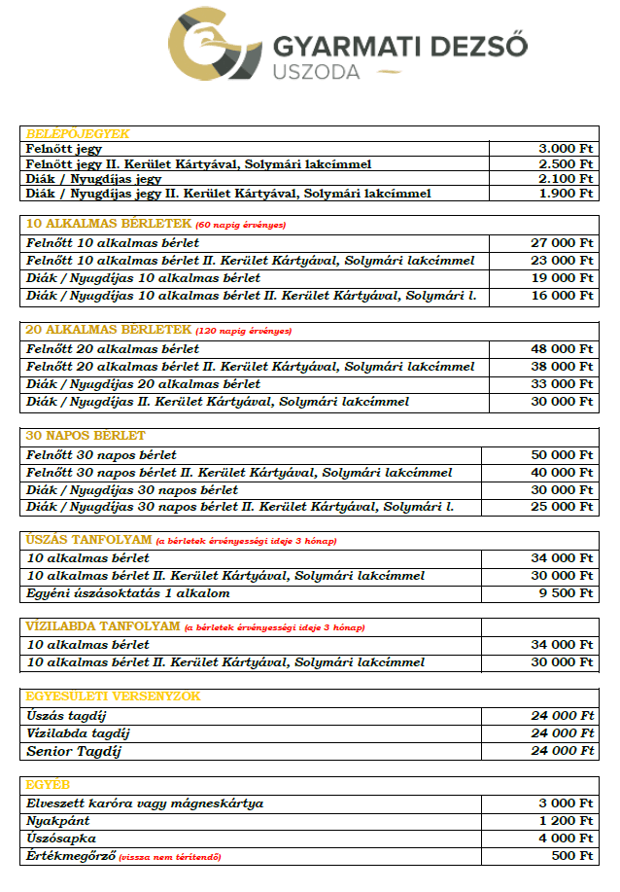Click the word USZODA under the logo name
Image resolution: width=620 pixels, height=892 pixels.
[x=316, y=72]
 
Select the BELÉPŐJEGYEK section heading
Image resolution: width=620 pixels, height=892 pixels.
[x=78, y=134]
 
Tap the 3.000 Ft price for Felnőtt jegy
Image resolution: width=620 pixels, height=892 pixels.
[x=566, y=149]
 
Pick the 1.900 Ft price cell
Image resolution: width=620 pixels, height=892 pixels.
[x=566, y=194]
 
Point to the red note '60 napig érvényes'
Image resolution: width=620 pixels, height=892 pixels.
[x=241, y=225]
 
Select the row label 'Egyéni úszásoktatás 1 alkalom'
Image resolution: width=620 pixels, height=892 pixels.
[x=128, y=593]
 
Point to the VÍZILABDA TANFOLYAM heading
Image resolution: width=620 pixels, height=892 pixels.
[x=103, y=626]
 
